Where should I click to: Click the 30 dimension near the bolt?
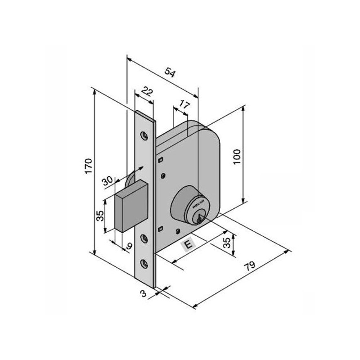(108, 181)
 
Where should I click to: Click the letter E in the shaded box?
(188, 245)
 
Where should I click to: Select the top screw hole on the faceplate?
(144, 135)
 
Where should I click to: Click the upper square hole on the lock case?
(160, 159)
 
